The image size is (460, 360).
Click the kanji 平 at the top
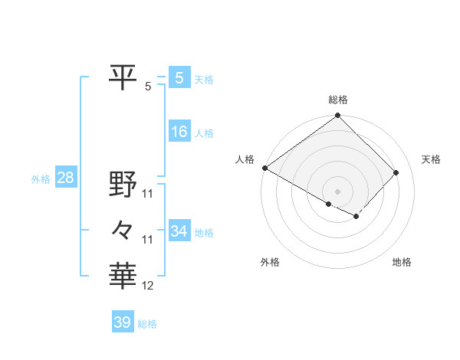click(123, 77)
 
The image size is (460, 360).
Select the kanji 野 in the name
click(123, 184)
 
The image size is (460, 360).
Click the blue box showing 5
click(179, 78)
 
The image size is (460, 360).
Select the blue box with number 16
click(179, 132)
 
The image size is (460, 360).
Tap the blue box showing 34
click(179, 231)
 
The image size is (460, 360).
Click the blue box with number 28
click(65, 178)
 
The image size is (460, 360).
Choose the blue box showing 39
click(122, 322)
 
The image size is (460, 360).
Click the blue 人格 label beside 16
click(204, 133)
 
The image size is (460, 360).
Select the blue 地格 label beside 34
click(204, 233)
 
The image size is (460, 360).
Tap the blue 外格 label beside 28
click(41, 179)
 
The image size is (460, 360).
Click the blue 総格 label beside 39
click(147, 324)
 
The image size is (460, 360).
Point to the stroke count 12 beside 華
click(148, 286)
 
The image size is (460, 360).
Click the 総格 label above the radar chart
click(337, 100)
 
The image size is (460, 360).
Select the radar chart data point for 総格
click(337, 116)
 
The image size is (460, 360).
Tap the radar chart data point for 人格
click(264, 168)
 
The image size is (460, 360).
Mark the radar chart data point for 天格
click(396, 172)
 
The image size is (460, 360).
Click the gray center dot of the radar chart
click(337, 191)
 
